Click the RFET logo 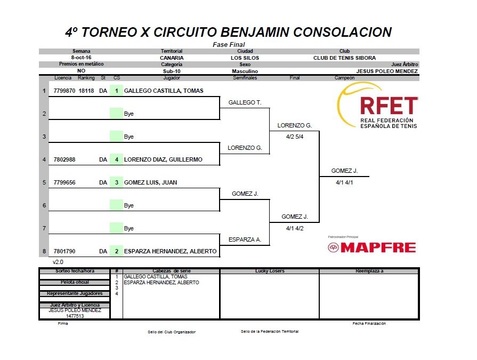pos(377,105)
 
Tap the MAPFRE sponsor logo pos(372,247)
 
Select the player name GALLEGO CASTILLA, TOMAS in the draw pos(164,91)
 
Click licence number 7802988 pos(64,159)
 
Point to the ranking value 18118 pos(86,91)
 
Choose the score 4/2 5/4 pos(295,137)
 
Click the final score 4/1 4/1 pos(344,182)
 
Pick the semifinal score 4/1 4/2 pos(295,228)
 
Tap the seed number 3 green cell pos(116,182)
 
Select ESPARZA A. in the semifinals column pos(245,239)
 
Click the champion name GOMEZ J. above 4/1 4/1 pos(344,171)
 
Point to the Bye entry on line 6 pos(128,205)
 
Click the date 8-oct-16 pos(81,58)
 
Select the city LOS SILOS pos(245,58)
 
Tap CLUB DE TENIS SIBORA pos(344,58)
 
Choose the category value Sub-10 pos(172,71)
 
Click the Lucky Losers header pos(270,271)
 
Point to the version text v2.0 pos(58,262)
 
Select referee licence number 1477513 pos(75,316)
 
